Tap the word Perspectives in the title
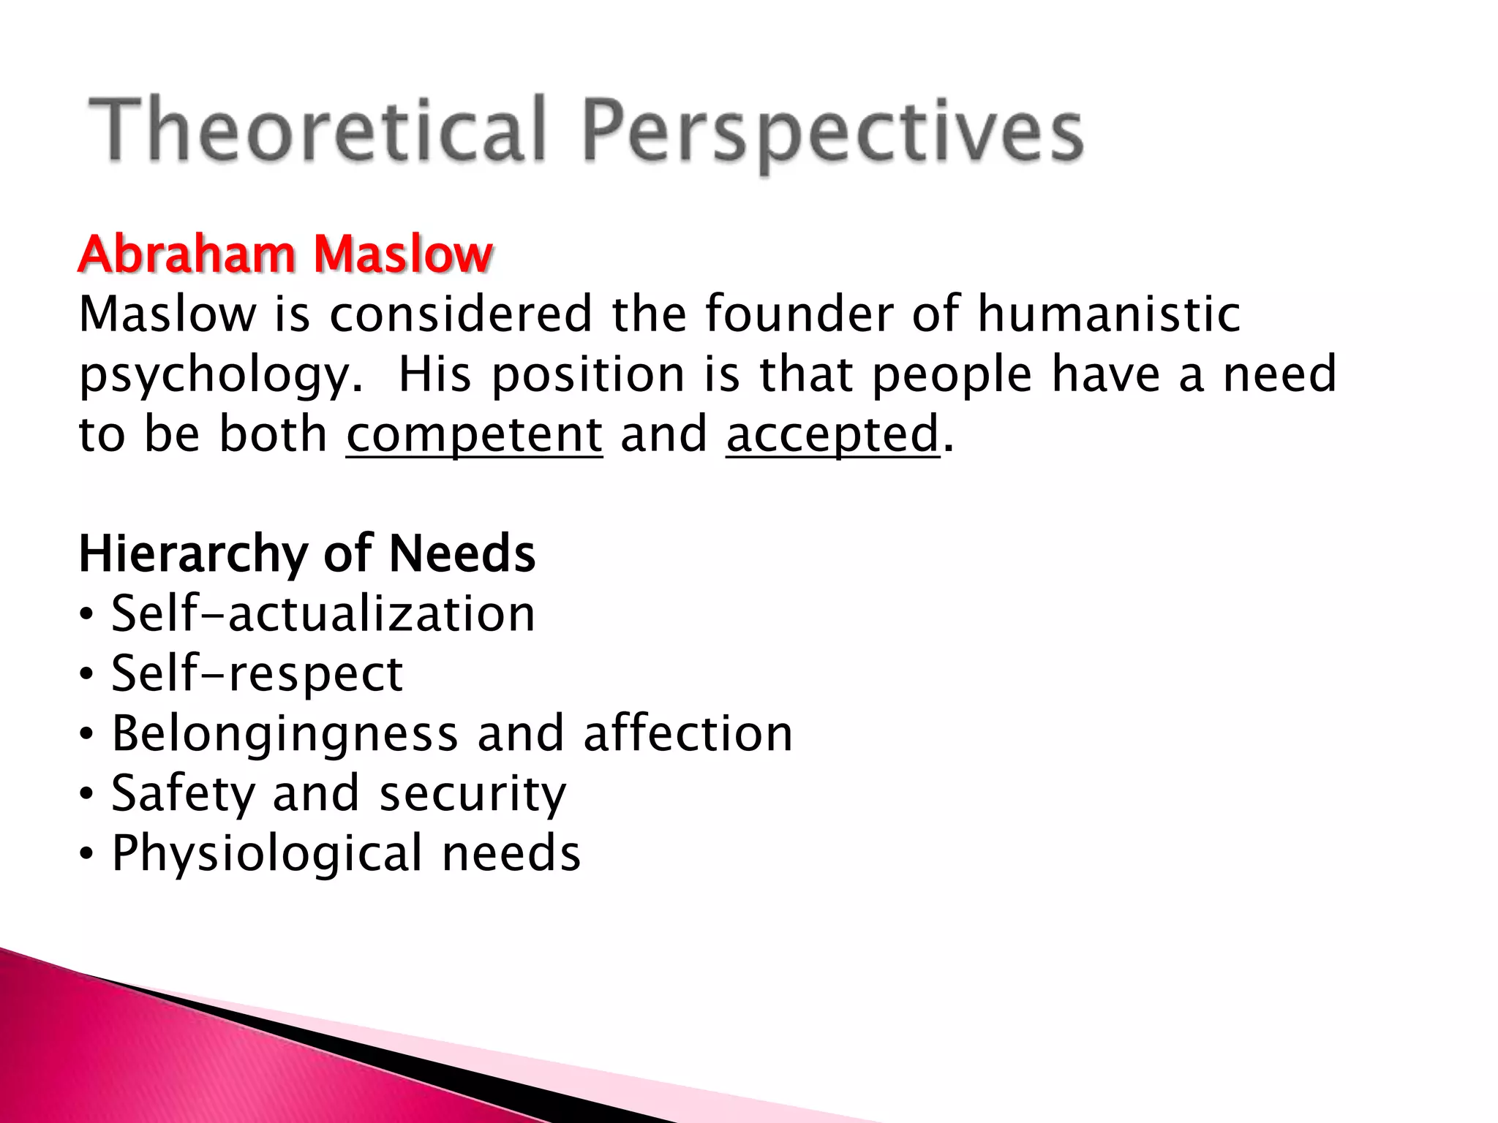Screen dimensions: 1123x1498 pyautogui.click(x=832, y=132)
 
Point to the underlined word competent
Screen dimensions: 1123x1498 pyautogui.click(x=474, y=434)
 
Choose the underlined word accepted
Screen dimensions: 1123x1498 pyautogui.click(x=832, y=434)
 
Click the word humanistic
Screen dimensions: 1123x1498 pyautogui.click(x=1109, y=314)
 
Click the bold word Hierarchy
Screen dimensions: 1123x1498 pyautogui.click(x=192, y=554)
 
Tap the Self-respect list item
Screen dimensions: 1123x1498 pyautogui.click(x=257, y=673)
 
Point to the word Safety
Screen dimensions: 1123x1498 pyautogui.click(x=183, y=794)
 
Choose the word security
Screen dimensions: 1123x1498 pyautogui.click(x=473, y=794)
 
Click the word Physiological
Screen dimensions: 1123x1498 pyautogui.click(x=267, y=854)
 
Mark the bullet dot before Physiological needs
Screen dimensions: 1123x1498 pyautogui.click(x=87, y=854)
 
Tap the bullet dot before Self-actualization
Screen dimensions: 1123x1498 pyautogui.click(x=87, y=614)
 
